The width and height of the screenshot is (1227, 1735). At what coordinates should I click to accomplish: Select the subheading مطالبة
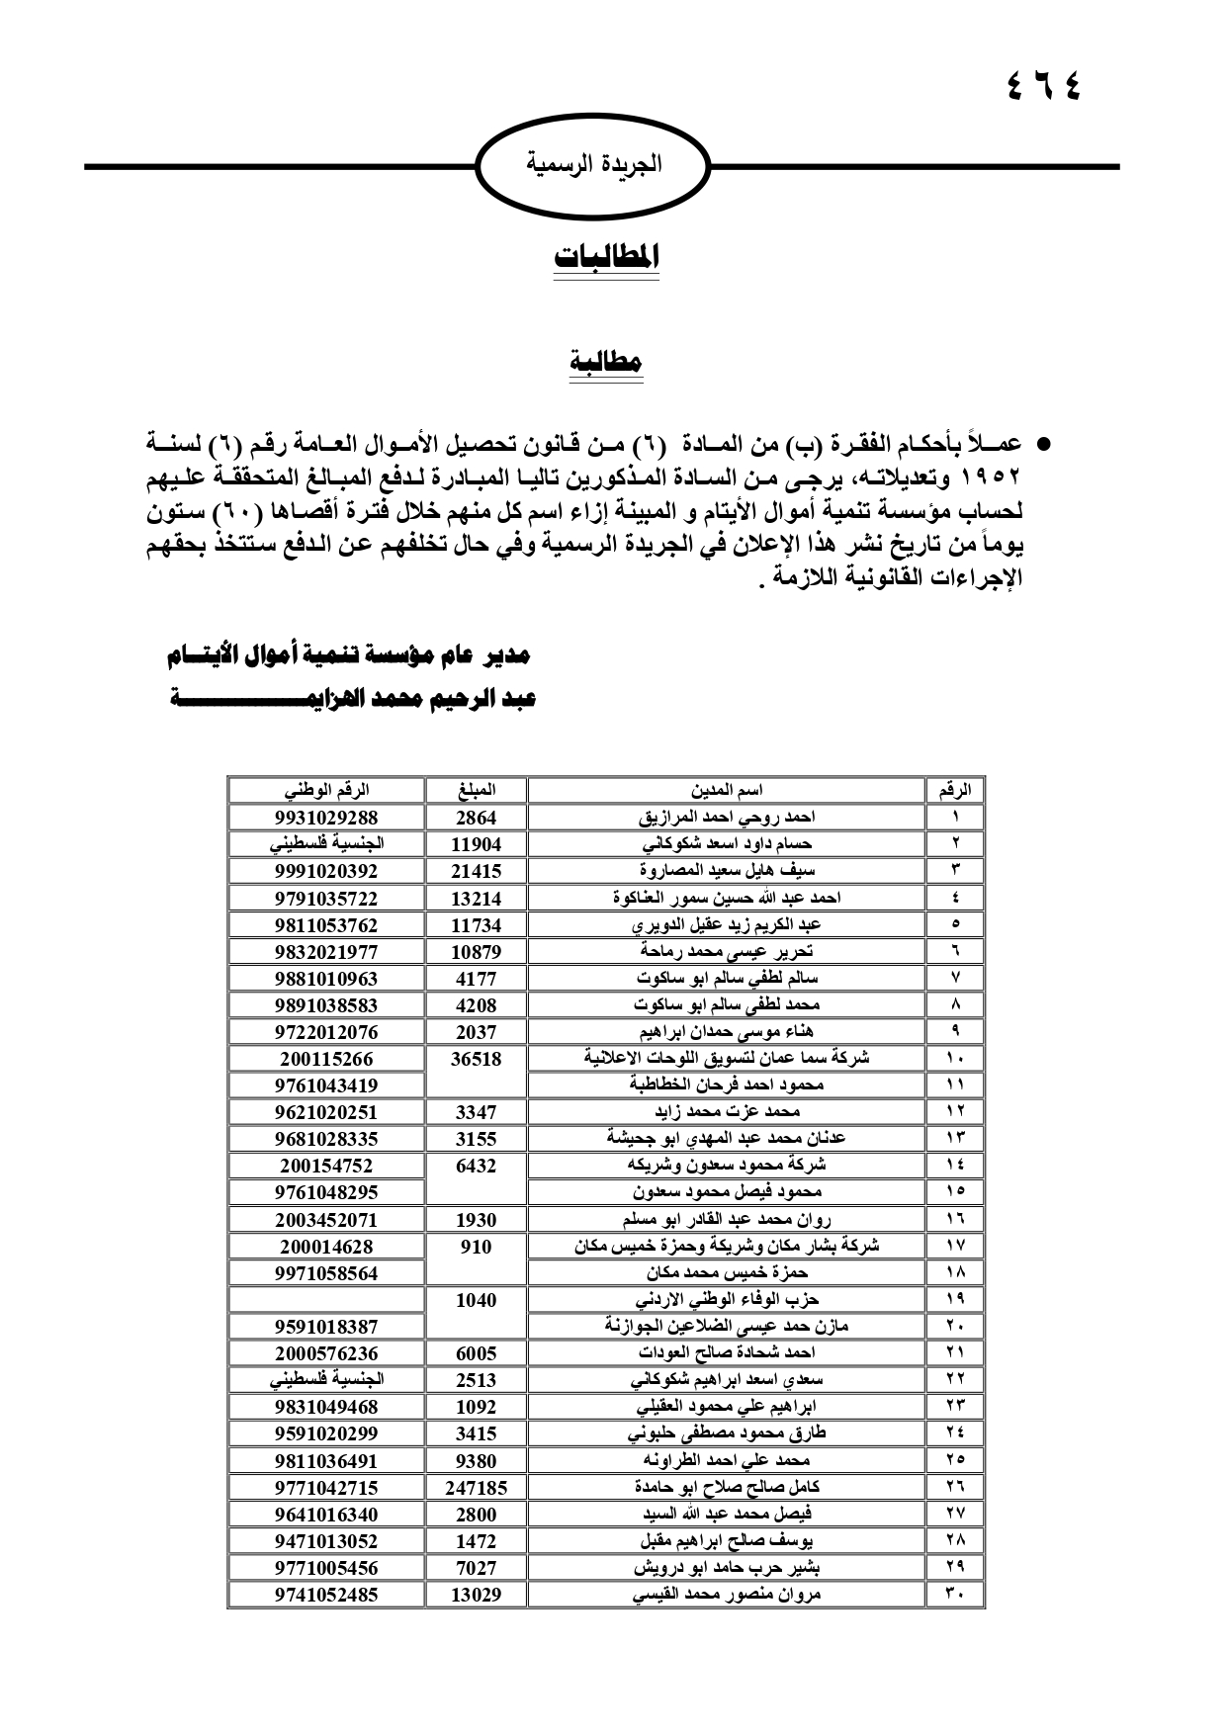point(606,361)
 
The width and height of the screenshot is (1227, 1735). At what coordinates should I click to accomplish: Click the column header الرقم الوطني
point(326,790)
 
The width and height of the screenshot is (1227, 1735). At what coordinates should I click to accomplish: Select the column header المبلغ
point(476,790)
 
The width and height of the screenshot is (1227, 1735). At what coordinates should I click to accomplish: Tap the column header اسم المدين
point(727,790)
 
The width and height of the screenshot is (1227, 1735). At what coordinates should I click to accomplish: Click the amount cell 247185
point(476,1487)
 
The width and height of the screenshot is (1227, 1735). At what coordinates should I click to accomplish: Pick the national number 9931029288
point(326,818)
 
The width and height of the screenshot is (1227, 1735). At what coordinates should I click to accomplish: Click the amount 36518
point(476,1059)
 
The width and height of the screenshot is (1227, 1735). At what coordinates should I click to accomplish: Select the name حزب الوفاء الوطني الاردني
point(727,1299)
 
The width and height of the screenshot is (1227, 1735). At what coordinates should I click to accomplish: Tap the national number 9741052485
point(326,1594)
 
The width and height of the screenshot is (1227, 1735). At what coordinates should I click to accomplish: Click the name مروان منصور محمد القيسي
point(727,1594)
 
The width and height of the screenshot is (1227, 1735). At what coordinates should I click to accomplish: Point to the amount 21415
point(476,871)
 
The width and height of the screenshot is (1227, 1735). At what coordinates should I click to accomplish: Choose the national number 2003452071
point(326,1220)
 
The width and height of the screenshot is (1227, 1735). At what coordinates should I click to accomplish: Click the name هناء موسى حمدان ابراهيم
point(727,1031)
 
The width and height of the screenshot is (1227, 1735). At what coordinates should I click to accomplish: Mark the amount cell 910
point(476,1247)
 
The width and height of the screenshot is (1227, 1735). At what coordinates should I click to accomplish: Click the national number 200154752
point(326,1166)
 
